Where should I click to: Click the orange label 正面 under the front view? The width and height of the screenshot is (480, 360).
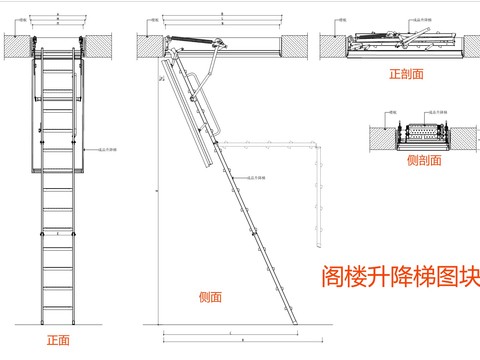pos(58,341)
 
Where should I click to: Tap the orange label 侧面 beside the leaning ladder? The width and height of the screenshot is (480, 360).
pos(210,296)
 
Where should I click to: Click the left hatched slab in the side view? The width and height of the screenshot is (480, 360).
pos(148,46)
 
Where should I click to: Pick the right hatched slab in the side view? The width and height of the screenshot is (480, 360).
pos(293,46)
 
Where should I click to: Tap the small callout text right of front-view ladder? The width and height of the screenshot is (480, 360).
pos(106,151)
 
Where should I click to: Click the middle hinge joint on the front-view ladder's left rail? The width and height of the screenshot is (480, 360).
pos(40,169)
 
